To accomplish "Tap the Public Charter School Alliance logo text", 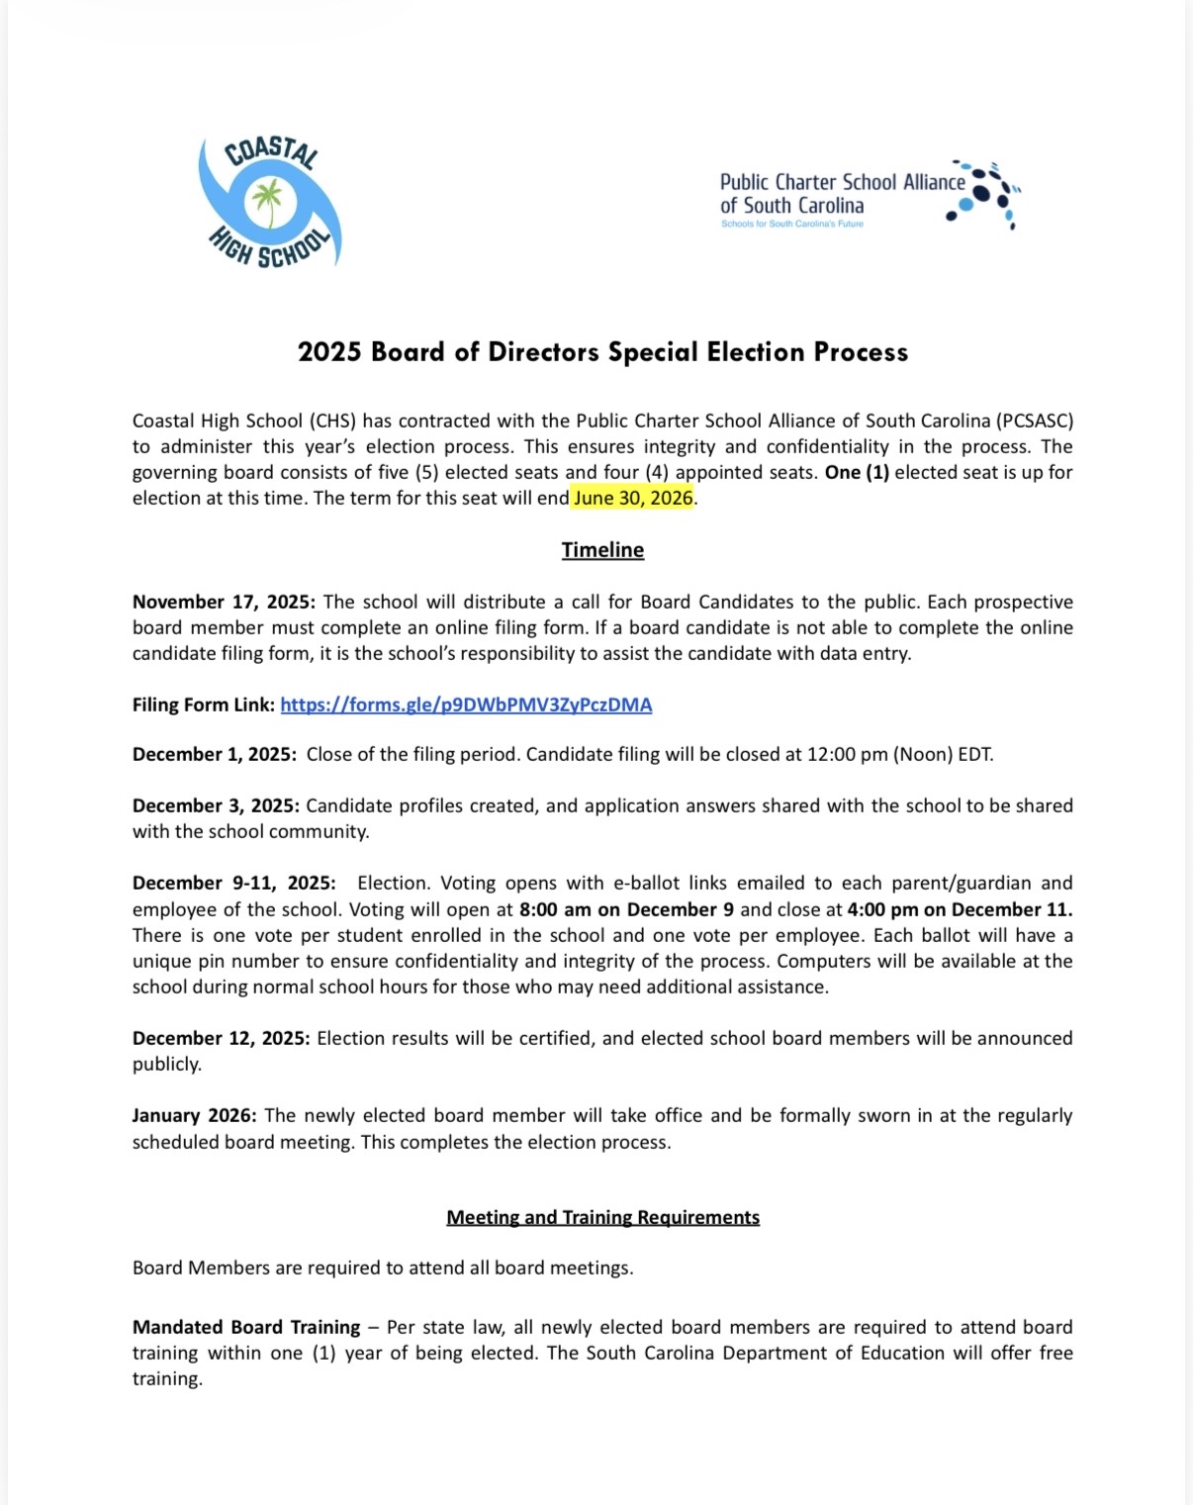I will [842, 194].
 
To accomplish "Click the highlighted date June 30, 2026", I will [633, 498].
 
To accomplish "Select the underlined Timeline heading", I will [602, 550].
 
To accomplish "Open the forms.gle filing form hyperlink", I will [466, 705].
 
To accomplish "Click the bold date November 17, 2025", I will [224, 602].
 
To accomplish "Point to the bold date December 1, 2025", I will [214, 754].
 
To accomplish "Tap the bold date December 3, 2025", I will [214, 805].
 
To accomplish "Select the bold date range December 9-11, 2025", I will [233, 883].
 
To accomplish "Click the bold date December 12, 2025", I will [221, 1038].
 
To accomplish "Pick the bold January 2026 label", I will [195, 1115].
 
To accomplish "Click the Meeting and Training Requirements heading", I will [602, 1217].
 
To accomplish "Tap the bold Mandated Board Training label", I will [246, 1327].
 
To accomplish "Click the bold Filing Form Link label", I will [204, 705].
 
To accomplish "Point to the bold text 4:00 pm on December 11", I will [960, 909].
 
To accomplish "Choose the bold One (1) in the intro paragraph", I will [857, 472].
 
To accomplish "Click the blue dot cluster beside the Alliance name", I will [984, 193].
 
